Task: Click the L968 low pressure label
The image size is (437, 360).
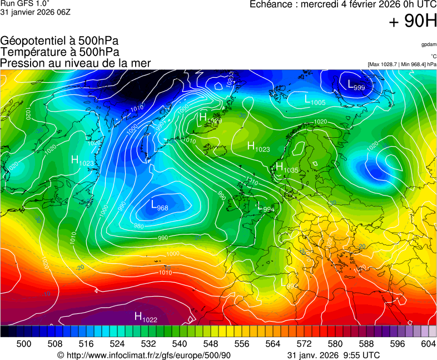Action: pyautogui.click(x=160, y=206)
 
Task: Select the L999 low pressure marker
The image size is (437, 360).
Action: pyautogui.click(x=356, y=85)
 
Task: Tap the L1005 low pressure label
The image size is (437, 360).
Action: pyautogui.click(x=315, y=101)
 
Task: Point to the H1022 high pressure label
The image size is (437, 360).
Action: pyautogui.click(x=146, y=317)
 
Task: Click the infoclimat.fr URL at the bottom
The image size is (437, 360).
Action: pyautogui.click(x=144, y=355)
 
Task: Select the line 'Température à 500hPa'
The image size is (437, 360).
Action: pyautogui.click(x=60, y=52)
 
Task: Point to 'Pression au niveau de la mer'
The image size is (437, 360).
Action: pyautogui.click(x=76, y=63)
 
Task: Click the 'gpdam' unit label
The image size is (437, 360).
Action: pyautogui.click(x=429, y=44)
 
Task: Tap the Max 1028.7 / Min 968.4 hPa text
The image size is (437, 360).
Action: pyautogui.click(x=402, y=64)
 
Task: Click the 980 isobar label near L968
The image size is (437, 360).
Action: pyautogui.click(x=139, y=226)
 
